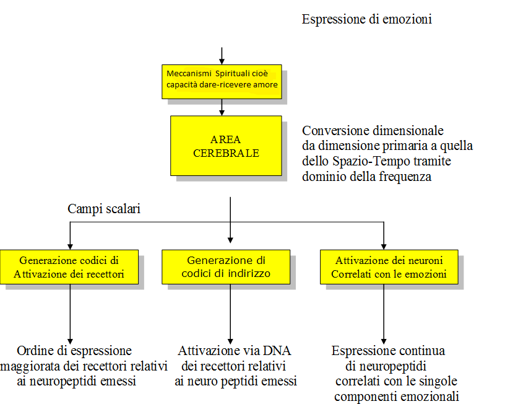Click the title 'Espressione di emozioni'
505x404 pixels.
[366, 19]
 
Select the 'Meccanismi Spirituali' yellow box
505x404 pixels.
[222, 82]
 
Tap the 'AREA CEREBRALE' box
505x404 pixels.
[226, 146]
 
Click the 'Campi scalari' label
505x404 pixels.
[104, 209]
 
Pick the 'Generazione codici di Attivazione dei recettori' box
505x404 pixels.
[69, 267]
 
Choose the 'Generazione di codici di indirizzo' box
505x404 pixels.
[226, 267]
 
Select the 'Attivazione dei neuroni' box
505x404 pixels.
[389, 267]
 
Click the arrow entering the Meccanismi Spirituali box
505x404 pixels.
[222, 56]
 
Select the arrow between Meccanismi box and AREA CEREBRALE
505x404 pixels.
[222, 107]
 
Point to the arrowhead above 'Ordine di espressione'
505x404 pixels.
[70, 341]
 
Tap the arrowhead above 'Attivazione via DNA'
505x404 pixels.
[230, 341]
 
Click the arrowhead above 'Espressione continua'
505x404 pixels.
[384, 341]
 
